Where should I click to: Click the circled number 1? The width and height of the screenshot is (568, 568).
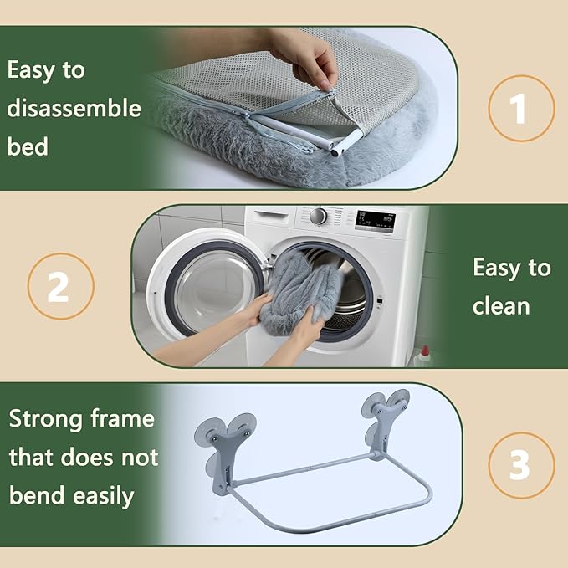click(x=521, y=108)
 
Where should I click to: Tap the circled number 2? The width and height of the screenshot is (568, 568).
click(x=61, y=286)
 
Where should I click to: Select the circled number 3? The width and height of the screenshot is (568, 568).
click(x=521, y=465)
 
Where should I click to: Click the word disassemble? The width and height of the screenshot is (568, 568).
click(x=74, y=108)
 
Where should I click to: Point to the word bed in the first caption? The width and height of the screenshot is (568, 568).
click(x=28, y=146)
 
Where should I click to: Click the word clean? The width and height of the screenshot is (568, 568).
click(x=501, y=306)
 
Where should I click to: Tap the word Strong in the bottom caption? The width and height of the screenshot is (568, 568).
click(x=45, y=420)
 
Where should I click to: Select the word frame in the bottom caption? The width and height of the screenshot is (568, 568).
click(x=123, y=418)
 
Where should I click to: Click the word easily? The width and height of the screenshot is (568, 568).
click(x=103, y=497)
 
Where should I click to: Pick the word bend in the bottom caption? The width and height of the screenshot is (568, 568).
click(x=37, y=495)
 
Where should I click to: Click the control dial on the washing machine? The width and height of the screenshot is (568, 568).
click(x=318, y=217)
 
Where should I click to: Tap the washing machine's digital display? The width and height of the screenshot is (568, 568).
click(x=375, y=221)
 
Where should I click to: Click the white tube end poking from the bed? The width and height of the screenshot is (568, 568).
click(x=347, y=143)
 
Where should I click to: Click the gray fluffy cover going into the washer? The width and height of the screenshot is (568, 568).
click(x=300, y=294)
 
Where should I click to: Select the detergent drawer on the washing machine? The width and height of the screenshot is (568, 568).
click(x=271, y=217)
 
